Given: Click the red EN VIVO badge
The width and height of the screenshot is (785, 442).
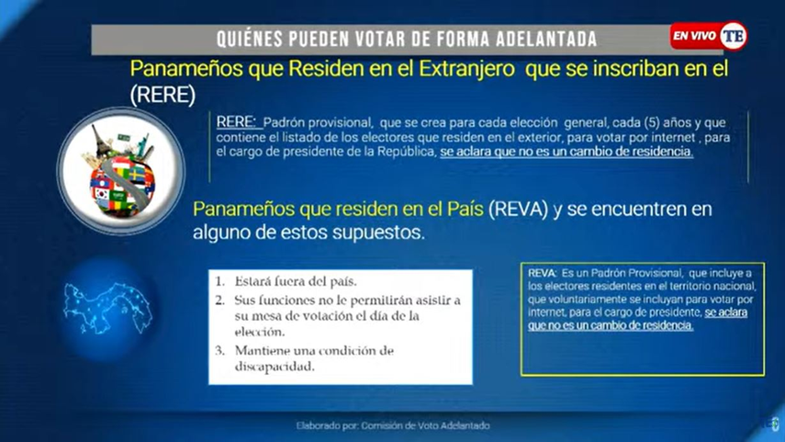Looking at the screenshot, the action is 694,36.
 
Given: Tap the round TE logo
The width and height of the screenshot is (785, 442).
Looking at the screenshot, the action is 733,36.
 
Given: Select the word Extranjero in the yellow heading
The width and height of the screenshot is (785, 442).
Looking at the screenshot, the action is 466,69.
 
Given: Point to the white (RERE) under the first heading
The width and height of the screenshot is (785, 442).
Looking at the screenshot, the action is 163,95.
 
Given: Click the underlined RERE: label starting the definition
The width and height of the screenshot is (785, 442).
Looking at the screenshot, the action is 236,122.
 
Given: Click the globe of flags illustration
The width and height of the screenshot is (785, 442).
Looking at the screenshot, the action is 121,171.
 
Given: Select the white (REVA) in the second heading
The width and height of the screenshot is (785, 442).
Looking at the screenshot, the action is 518,209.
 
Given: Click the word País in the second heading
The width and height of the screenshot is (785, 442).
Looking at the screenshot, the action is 465,209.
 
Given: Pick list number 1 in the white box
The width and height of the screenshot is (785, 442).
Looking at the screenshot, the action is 219,281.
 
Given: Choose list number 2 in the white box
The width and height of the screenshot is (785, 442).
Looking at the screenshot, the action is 219,300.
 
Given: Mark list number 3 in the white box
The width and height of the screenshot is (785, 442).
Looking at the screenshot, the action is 219,350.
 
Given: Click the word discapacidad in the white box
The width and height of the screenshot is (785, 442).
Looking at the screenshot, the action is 275,367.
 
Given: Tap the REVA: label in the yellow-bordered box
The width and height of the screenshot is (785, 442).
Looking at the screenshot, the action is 543,273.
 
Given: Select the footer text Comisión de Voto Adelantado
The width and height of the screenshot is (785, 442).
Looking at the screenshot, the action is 425,426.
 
